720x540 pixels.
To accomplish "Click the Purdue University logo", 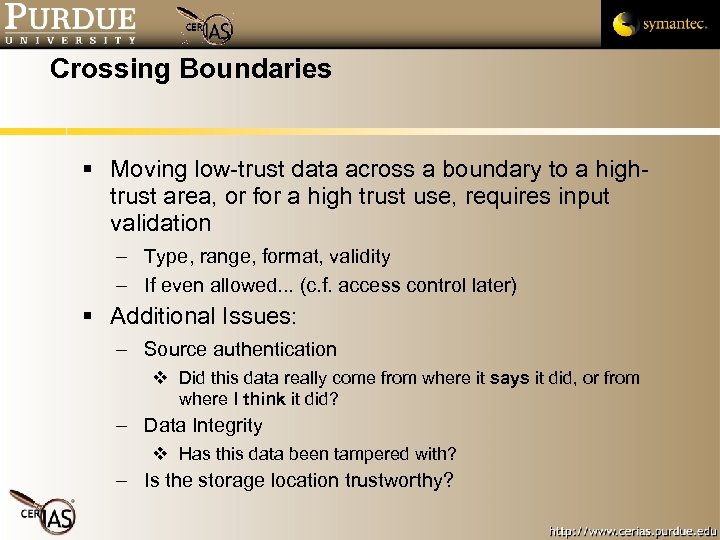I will (x=69, y=24).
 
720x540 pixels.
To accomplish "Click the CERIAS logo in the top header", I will (x=208, y=27).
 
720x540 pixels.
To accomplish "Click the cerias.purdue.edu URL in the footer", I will (x=633, y=526).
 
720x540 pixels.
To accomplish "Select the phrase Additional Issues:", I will (x=203, y=317).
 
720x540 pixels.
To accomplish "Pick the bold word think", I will (x=264, y=398).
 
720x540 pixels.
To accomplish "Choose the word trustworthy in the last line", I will (x=398, y=481).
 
